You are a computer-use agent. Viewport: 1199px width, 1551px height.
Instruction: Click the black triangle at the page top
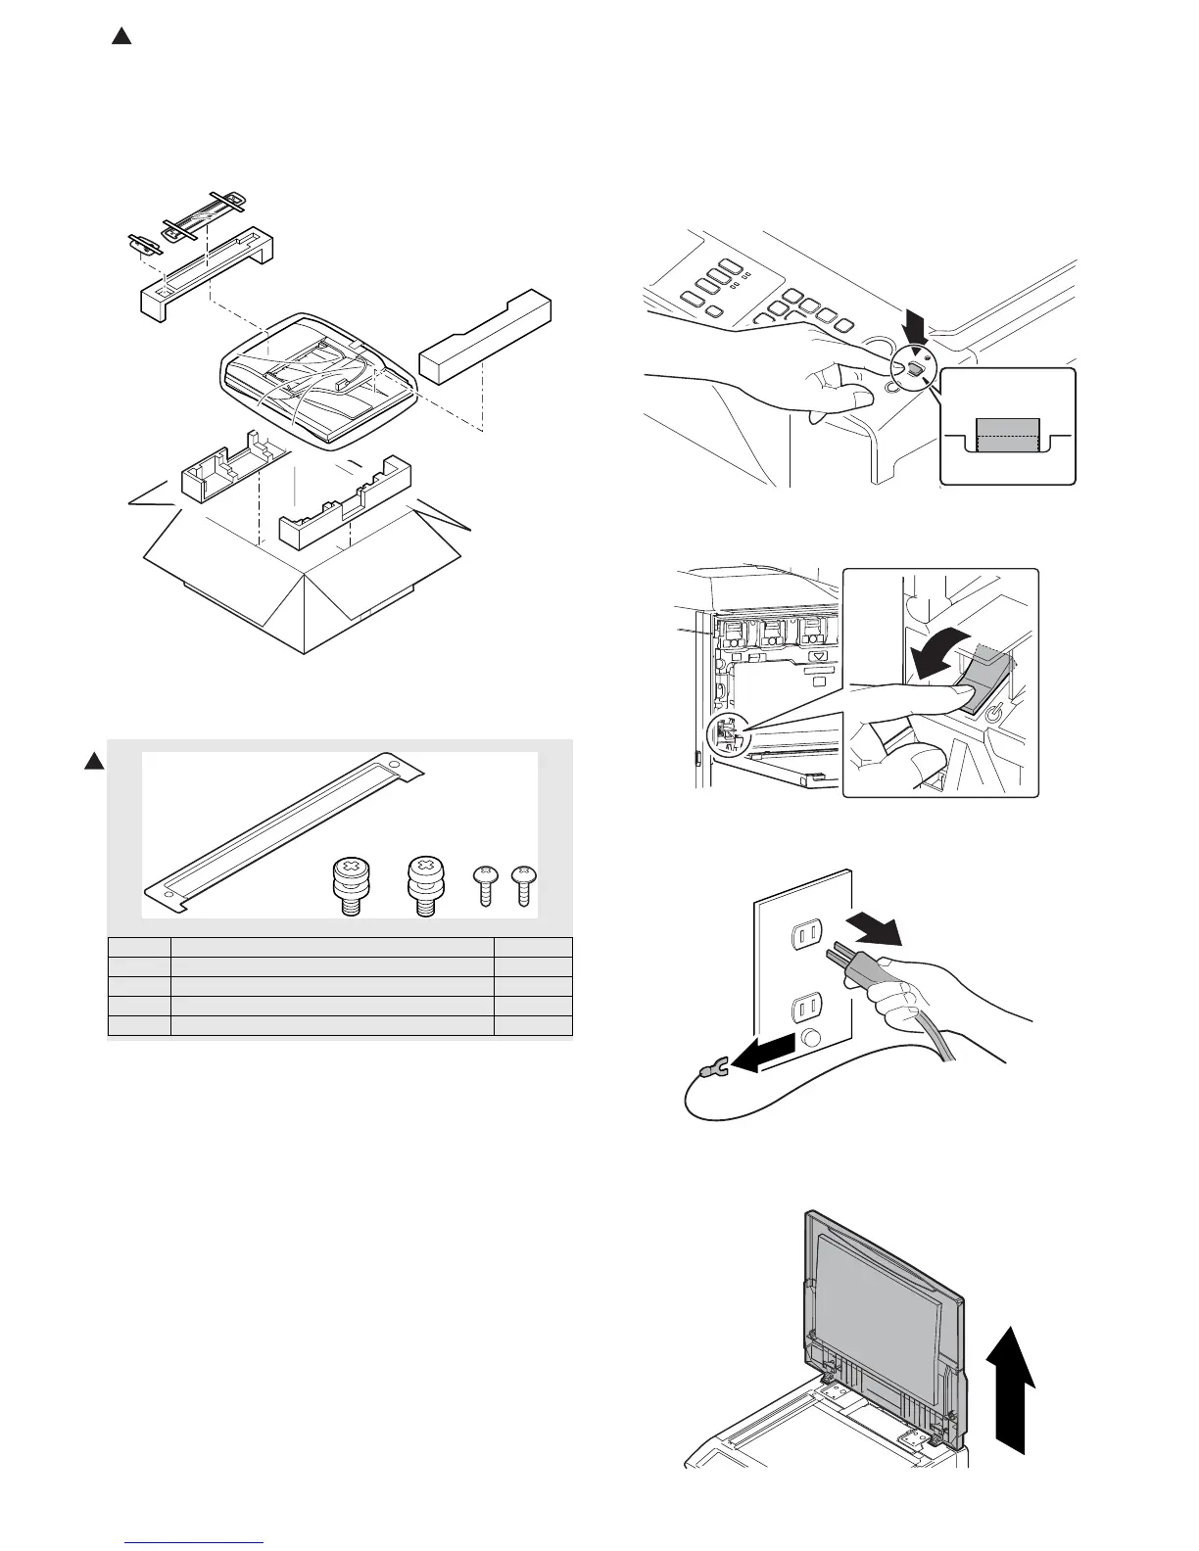click(120, 37)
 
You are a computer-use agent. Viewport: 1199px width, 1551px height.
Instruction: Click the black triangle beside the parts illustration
click(93, 762)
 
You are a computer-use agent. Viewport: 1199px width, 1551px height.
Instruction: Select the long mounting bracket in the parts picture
click(284, 831)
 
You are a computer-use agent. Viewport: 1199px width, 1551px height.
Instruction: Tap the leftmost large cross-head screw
click(352, 887)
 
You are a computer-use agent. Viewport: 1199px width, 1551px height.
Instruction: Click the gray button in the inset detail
click(1007, 432)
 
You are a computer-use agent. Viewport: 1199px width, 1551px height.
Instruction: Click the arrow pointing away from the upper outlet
click(876, 923)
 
